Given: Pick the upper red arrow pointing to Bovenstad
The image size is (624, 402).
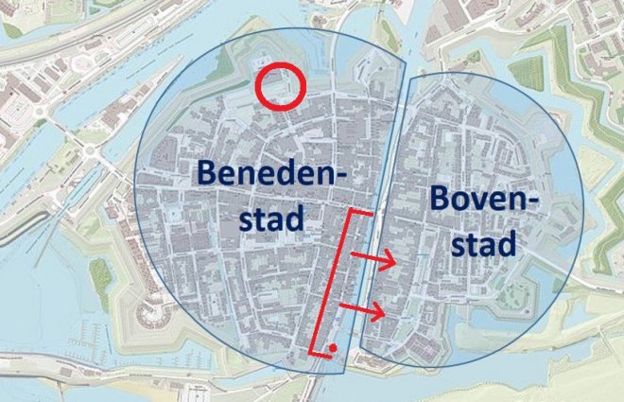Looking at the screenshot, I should click(x=373, y=258).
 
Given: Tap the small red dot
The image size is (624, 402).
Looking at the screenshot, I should click(x=334, y=349).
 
